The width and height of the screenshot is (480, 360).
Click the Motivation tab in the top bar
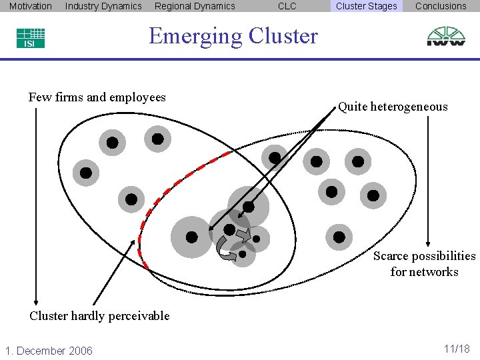click(30, 6)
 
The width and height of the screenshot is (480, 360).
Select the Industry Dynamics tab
click(103, 6)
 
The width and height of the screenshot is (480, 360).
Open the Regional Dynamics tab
click(195, 6)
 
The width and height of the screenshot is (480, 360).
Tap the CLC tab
click(287, 6)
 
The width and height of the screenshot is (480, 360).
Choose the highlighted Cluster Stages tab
click(366, 6)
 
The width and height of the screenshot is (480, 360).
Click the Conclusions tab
click(441, 6)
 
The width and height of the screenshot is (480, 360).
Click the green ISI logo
click(31, 38)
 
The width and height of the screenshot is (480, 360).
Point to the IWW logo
click(446, 36)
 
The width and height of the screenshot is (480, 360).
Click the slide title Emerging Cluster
click(233, 35)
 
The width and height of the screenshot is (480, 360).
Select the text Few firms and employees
click(97, 97)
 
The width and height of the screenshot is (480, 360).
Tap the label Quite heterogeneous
click(393, 107)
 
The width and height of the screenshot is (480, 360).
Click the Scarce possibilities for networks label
click(425, 264)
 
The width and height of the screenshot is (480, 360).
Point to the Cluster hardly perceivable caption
click(99, 316)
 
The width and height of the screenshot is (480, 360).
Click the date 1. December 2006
click(49, 351)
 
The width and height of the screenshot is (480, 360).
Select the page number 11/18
click(457, 349)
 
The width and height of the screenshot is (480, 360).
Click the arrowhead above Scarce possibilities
click(429, 243)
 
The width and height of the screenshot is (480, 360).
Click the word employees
click(141, 97)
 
